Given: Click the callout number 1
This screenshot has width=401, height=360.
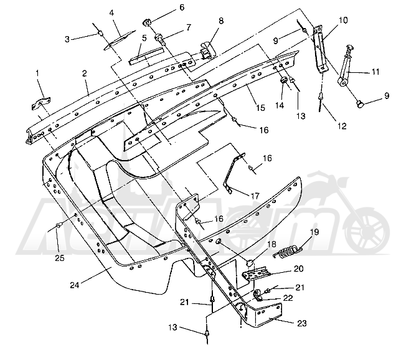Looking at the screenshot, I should [x=38, y=73].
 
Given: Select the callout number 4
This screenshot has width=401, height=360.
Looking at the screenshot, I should [x=112, y=12].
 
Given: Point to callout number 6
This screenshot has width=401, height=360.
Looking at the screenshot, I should [x=164, y=7].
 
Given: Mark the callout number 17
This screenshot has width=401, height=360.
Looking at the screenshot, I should [x=255, y=195].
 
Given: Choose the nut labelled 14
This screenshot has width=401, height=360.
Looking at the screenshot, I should [x=283, y=81].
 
